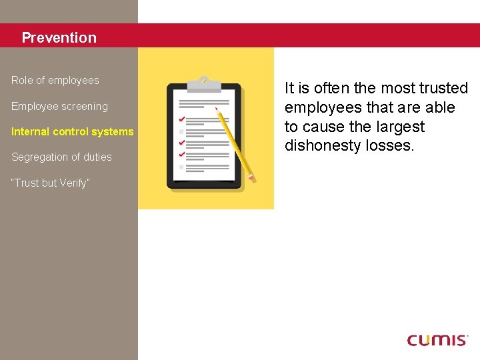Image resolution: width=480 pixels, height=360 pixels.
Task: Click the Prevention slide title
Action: point(59,38)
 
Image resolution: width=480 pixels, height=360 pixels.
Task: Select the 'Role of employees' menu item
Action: point(55,81)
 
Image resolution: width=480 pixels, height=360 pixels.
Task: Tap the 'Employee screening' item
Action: point(59,107)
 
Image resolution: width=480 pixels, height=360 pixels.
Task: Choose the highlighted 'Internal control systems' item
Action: point(72,132)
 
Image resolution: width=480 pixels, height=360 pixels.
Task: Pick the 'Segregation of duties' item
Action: point(61,157)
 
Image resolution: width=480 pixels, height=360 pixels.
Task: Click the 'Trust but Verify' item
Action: point(49,183)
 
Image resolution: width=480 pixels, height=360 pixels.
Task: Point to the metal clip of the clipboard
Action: point(204,85)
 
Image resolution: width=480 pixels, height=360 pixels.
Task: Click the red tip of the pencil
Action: point(216,108)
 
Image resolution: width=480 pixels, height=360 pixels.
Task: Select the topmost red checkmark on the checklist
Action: point(181,119)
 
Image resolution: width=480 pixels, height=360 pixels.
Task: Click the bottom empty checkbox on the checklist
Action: point(181,166)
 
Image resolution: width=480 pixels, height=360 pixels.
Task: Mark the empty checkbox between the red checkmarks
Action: point(181,131)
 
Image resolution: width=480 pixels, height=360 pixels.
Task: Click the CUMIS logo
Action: point(437,340)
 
